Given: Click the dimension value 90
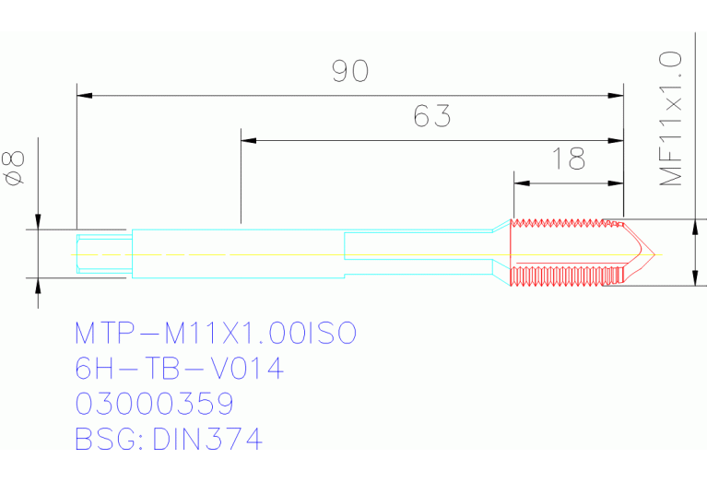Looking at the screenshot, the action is click(x=350, y=72).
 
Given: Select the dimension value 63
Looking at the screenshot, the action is click(x=431, y=117).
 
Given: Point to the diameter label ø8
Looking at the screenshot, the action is click(x=14, y=169).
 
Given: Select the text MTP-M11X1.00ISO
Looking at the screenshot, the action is click(x=215, y=333).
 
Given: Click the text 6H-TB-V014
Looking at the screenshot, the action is click(x=178, y=369).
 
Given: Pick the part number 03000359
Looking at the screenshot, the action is click(x=154, y=404).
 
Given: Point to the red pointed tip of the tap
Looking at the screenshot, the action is click(x=644, y=253).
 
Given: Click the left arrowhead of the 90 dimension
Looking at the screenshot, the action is click(x=83, y=94).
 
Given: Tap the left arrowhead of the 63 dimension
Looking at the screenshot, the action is click(x=247, y=140).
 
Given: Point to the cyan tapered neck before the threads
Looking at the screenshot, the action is click(x=498, y=253).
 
